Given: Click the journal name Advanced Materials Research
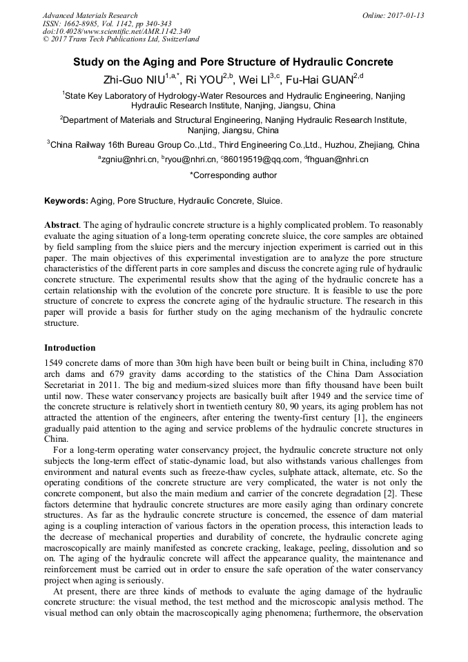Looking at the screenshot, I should (x=90, y=15).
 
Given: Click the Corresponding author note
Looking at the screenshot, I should (x=233, y=175).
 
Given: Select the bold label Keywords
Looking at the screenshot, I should (x=66, y=201).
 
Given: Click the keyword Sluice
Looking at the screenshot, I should (x=268, y=201).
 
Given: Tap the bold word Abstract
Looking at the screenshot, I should (x=61, y=226).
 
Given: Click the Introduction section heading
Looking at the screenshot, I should (x=70, y=347).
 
